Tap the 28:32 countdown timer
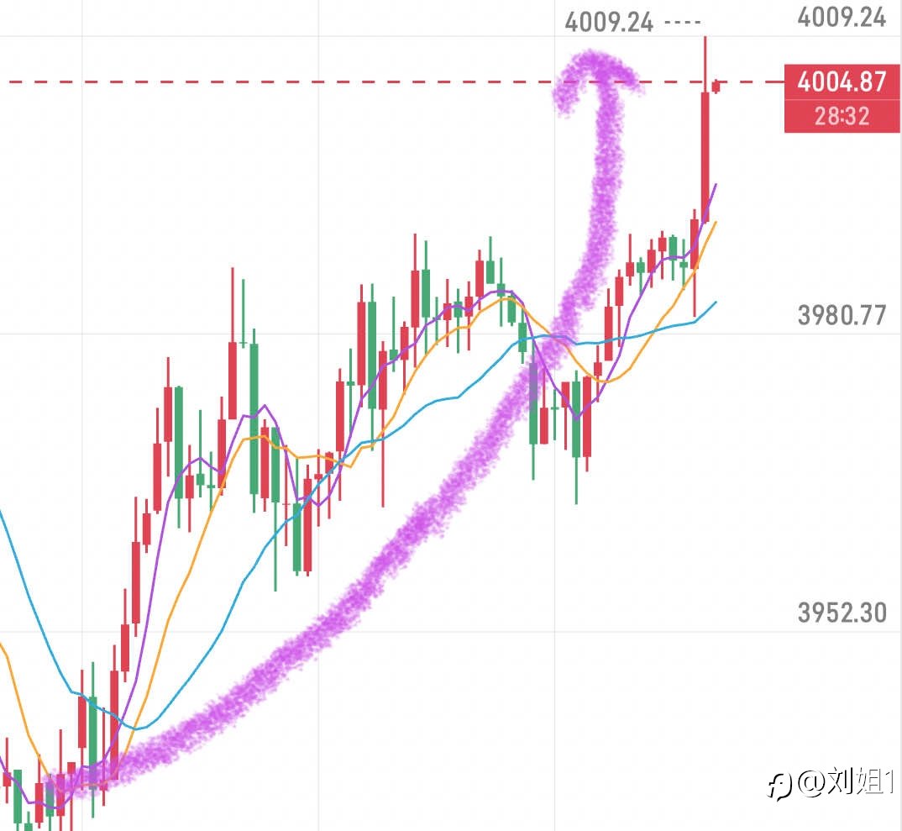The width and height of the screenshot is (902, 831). click(x=842, y=116)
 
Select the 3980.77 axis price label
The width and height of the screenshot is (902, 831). click(x=842, y=315)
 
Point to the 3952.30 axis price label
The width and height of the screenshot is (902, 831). click(x=842, y=613)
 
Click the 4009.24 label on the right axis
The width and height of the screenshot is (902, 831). click(x=842, y=18)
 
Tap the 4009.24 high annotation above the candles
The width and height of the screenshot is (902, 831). click(x=609, y=21)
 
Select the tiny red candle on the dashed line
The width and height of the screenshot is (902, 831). click(x=716, y=86)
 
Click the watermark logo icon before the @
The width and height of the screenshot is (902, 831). click(x=780, y=785)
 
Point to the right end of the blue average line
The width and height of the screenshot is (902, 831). click(x=716, y=302)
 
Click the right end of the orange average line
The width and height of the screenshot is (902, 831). click(x=716, y=223)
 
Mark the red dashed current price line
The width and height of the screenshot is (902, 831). click(x=336, y=82)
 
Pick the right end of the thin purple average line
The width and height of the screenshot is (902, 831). click(x=716, y=185)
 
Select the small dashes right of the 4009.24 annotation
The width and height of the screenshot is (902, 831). click(x=681, y=22)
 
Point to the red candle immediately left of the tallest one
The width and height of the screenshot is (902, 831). click(x=695, y=244)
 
